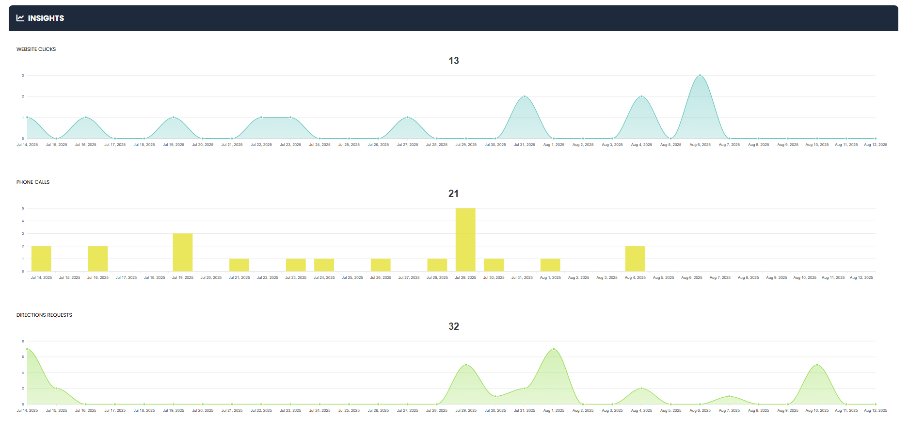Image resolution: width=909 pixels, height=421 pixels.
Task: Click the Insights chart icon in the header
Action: click(20, 18)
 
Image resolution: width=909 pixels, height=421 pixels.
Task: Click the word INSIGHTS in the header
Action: click(46, 18)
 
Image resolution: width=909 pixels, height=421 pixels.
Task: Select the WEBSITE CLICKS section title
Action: click(36, 49)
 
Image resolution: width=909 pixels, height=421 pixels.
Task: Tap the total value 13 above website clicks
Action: click(453, 61)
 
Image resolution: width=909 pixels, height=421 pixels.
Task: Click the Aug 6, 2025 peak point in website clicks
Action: click(700, 76)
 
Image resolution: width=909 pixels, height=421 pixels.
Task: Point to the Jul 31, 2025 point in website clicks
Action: click(524, 97)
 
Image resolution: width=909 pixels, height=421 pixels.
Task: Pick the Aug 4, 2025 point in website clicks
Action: click(641, 97)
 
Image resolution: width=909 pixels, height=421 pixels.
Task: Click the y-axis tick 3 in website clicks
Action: click(23, 75)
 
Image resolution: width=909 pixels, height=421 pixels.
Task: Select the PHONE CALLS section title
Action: click(33, 182)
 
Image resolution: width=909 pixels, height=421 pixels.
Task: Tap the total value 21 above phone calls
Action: click(453, 194)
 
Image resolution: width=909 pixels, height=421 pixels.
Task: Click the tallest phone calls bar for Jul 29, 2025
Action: click(465, 240)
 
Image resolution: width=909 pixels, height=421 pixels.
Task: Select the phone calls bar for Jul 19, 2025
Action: click(183, 252)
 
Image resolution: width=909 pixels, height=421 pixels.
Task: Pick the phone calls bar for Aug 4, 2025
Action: click(635, 259)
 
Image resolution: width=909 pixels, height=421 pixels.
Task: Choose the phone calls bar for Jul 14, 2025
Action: click(41, 259)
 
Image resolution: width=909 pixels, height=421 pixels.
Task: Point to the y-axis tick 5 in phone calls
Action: click(23, 208)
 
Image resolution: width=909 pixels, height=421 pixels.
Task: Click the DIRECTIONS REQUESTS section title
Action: click(44, 315)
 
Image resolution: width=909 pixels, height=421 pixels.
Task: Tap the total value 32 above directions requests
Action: click(453, 326)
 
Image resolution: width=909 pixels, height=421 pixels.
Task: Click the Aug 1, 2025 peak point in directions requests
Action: click(553, 349)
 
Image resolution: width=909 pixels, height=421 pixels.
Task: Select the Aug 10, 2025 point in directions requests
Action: click(817, 365)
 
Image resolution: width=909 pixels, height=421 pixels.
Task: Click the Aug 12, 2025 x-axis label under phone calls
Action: click(861, 277)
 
